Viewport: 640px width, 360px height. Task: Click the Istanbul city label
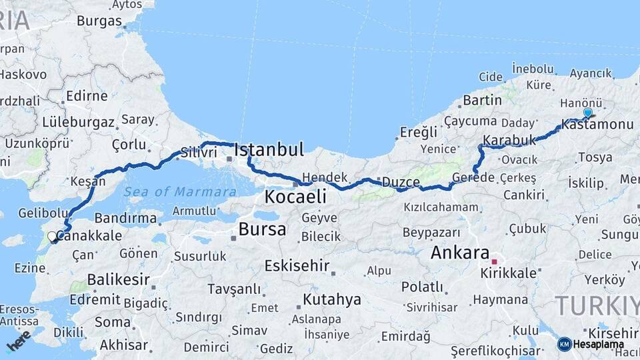click(x=269, y=149)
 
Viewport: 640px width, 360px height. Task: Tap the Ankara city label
click(x=460, y=253)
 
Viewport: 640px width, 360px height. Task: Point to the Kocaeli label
click(x=295, y=197)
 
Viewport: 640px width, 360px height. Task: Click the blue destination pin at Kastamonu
click(x=587, y=113)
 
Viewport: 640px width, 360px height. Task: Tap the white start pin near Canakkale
click(x=52, y=236)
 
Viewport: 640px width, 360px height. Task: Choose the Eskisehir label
click(x=297, y=266)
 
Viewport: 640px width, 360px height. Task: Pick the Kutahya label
click(x=332, y=299)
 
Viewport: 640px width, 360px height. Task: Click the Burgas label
click(x=99, y=21)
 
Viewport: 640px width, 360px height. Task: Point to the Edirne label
click(x=87, y=96)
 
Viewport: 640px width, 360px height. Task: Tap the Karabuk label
click(x=509, y=141)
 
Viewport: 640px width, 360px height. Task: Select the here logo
click(x=19, y=341)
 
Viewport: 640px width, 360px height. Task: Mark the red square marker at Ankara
click(x=493, y=262)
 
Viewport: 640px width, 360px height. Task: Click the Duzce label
click(x=401, y=181)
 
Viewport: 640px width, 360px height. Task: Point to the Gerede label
click(x=473, y=177)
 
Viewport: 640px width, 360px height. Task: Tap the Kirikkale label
click(x=509, y=273)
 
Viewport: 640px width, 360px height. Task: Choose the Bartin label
click(x=482, y=101)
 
